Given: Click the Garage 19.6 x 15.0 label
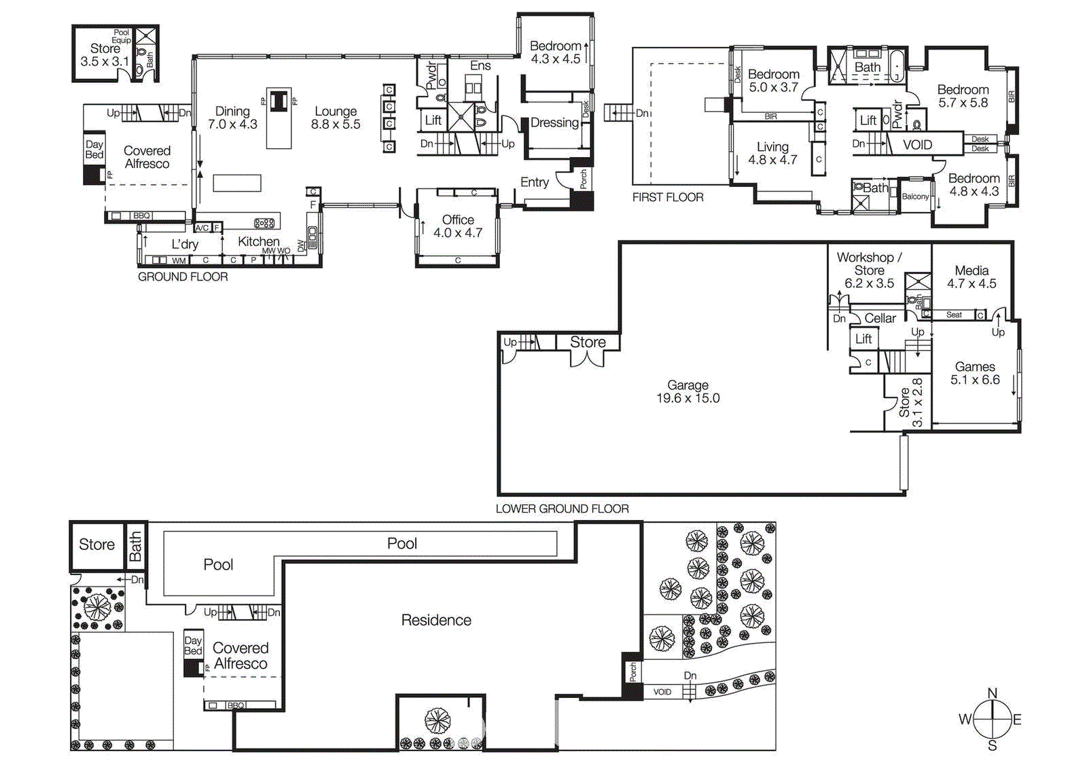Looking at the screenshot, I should (x=688, y=391).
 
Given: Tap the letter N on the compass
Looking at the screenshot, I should (x=992, y=693).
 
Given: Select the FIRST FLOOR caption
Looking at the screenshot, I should (x=667, y=197).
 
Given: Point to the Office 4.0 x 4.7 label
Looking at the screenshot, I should (x=458, y=226).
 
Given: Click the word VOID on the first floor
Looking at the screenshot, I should (x=917, y=145).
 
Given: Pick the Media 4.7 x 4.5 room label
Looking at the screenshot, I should (x=972, y=277).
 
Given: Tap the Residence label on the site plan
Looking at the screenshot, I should (x=435, y=620).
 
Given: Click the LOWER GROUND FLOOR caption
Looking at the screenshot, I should (x=562, y=508).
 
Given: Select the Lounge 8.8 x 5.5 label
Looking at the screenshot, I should (x=336, y=118).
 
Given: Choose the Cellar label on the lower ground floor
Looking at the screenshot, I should (x=880, y=318).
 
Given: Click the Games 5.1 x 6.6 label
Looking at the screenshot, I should (x=975, y=373).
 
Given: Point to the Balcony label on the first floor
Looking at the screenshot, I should (x=915, y=196).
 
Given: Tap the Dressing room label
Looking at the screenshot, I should (x=554, y=123).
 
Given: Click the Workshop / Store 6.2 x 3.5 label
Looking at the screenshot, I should (x=869, y=270).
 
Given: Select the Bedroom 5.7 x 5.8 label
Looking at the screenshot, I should (x=963, y=96).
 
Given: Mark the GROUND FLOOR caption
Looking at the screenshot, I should (x=183, y=277).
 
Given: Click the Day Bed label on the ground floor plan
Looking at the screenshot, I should (x=94, y=150).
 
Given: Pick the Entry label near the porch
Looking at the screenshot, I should (x=534, y=182).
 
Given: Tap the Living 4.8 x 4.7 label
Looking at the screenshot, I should (x=772, y=153).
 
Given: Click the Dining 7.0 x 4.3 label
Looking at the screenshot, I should (x=232, y=118).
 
